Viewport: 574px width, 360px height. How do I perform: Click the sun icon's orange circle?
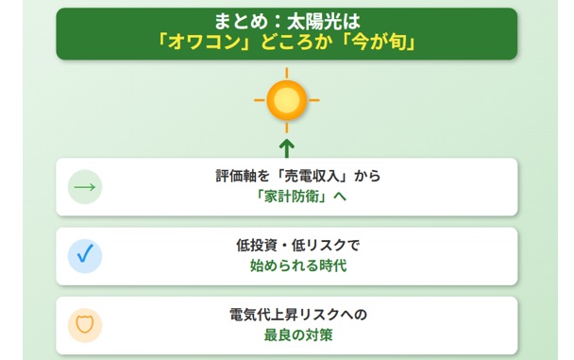pyautogui.click(x=287, y=99)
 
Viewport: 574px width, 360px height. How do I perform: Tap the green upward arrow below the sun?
pyautogui.click(x=287, y=146)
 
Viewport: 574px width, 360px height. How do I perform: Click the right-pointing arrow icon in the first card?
pyautogui.click(x=85, y=187)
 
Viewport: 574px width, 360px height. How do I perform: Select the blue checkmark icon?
pyautogui.click(x=85, y=256)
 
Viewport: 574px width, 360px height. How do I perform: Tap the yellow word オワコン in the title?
pyautogui.click(x=208, y=43)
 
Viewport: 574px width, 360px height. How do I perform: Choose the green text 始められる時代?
pyautogui.click(x=287, y=266)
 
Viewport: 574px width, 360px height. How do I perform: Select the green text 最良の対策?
pyautogui.click(x=287, y=335)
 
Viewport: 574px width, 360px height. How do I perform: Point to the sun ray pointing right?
pyautogui.click(x=316, y=99)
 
